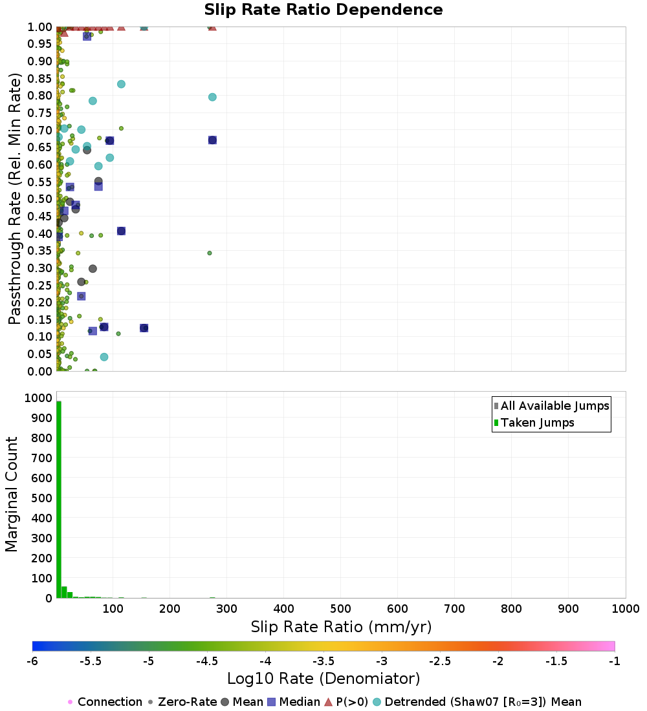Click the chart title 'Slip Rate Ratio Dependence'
click(x=323, y=10)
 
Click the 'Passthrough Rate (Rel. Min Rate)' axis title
click(x=15, y=198)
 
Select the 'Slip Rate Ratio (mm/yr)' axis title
click(x=341, y=627)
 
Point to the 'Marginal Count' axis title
click(x=12, y=494)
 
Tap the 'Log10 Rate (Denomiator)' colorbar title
click(x=323, y=679)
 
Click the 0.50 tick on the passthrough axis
click(x=39, y=199)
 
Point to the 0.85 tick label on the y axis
click(x=39, y=78)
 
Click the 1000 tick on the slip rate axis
click(x=625, y=609)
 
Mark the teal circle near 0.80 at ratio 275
click(x=212, y=97)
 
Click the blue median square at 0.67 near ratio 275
click(x=212, y=140)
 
